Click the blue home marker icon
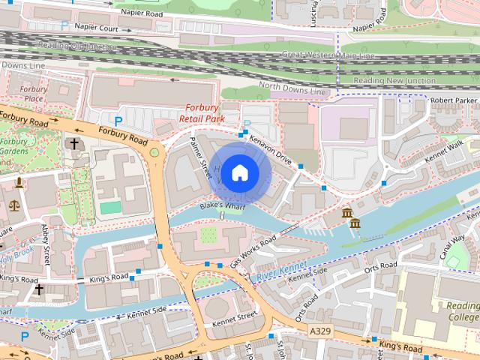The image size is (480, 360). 239,172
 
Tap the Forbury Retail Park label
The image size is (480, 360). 202,112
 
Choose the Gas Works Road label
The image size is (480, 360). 253,250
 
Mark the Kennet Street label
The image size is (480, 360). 234,318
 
